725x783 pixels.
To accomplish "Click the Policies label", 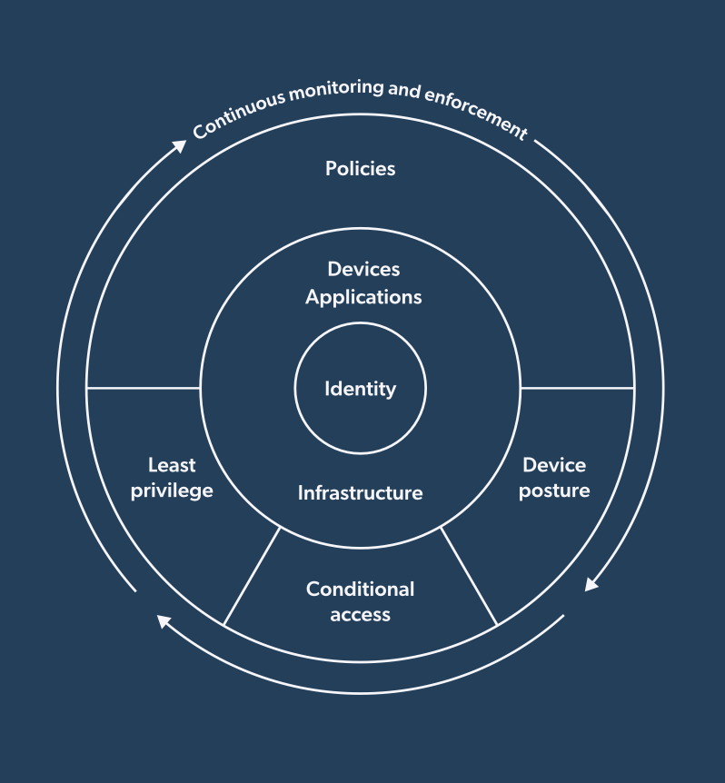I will click(361, 169).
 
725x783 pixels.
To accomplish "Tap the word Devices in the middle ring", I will click(363, 270).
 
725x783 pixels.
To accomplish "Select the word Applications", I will click(363, 297).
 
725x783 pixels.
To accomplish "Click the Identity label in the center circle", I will click(361, 390).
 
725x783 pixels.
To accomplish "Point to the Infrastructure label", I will click(361, 493).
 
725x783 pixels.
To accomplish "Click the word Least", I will click(172, 465).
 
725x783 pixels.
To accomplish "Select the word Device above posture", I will click(554, 465).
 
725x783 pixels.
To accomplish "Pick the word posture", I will click(554, 491).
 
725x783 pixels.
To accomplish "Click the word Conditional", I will click(361, 589).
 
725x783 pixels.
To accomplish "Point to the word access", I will click(361, 615).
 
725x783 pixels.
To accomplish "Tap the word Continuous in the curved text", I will click(238, 113).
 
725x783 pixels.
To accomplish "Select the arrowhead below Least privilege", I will click(164, 620).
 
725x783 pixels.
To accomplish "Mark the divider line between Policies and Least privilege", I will click(143, 388).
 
